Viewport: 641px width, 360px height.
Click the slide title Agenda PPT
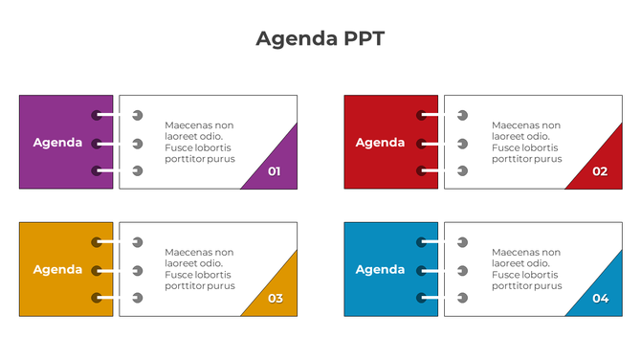[x=320, y=38]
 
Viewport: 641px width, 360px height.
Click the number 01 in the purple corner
[x=275, y=171]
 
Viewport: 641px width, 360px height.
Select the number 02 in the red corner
[x=600, y=171]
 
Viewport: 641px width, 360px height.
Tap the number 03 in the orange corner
[x=275, y=298]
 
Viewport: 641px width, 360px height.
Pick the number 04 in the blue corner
[x=600, y=298]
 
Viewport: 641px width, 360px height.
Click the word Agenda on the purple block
[x=57, y=143]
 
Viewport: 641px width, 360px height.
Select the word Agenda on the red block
[x=380, y=143]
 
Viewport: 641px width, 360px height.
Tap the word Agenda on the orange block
[x=57, y=269]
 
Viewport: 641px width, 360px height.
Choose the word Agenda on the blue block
[x=380, y=269]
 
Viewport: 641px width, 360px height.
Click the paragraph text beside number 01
[x=199, y=142]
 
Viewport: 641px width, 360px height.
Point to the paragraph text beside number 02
[x=526, y=142]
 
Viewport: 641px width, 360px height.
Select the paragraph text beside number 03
[x=199, y=269]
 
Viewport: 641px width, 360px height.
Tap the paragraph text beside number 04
[x=526, y=269]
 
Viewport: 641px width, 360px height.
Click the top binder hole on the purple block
[x=97, y=116]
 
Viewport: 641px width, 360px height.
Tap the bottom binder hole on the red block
[x=421, y=170]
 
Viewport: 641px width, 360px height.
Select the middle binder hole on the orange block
[x=97, y=270]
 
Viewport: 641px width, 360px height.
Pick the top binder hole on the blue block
[x=421, y=242]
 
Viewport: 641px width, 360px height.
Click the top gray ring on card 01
[x=138, y=116]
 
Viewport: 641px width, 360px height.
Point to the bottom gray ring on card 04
[x=462, y=298]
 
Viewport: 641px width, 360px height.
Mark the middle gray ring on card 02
[x=462, y=144]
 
